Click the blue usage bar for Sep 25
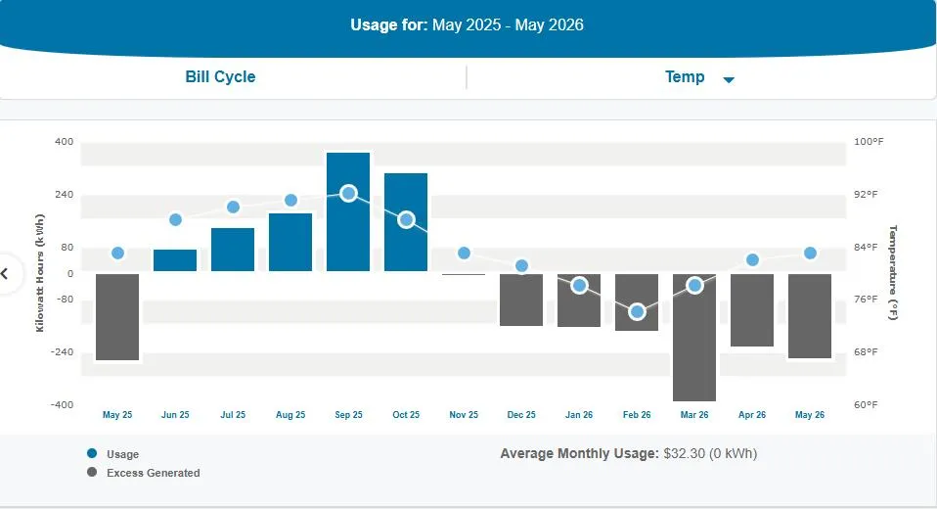348,211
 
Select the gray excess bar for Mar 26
694,338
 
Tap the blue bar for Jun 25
175,260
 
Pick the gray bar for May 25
117,317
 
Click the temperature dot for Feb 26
637,311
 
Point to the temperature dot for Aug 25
291,200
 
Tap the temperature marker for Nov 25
464,253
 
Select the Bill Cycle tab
220,76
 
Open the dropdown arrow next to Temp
729,79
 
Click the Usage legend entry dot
92,453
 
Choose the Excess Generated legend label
154,473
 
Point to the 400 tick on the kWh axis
64,142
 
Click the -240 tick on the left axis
63,351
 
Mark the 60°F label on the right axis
866,405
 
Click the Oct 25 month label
406,414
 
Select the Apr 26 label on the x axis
752,414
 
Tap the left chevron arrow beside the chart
4,274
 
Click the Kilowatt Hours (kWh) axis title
40,273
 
